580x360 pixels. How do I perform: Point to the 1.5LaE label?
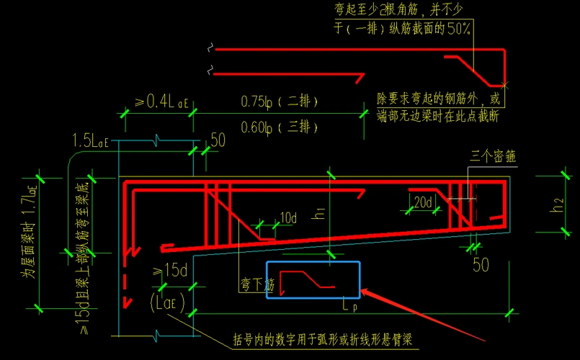click(91, 140)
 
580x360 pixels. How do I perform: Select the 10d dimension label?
click(288, 217)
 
